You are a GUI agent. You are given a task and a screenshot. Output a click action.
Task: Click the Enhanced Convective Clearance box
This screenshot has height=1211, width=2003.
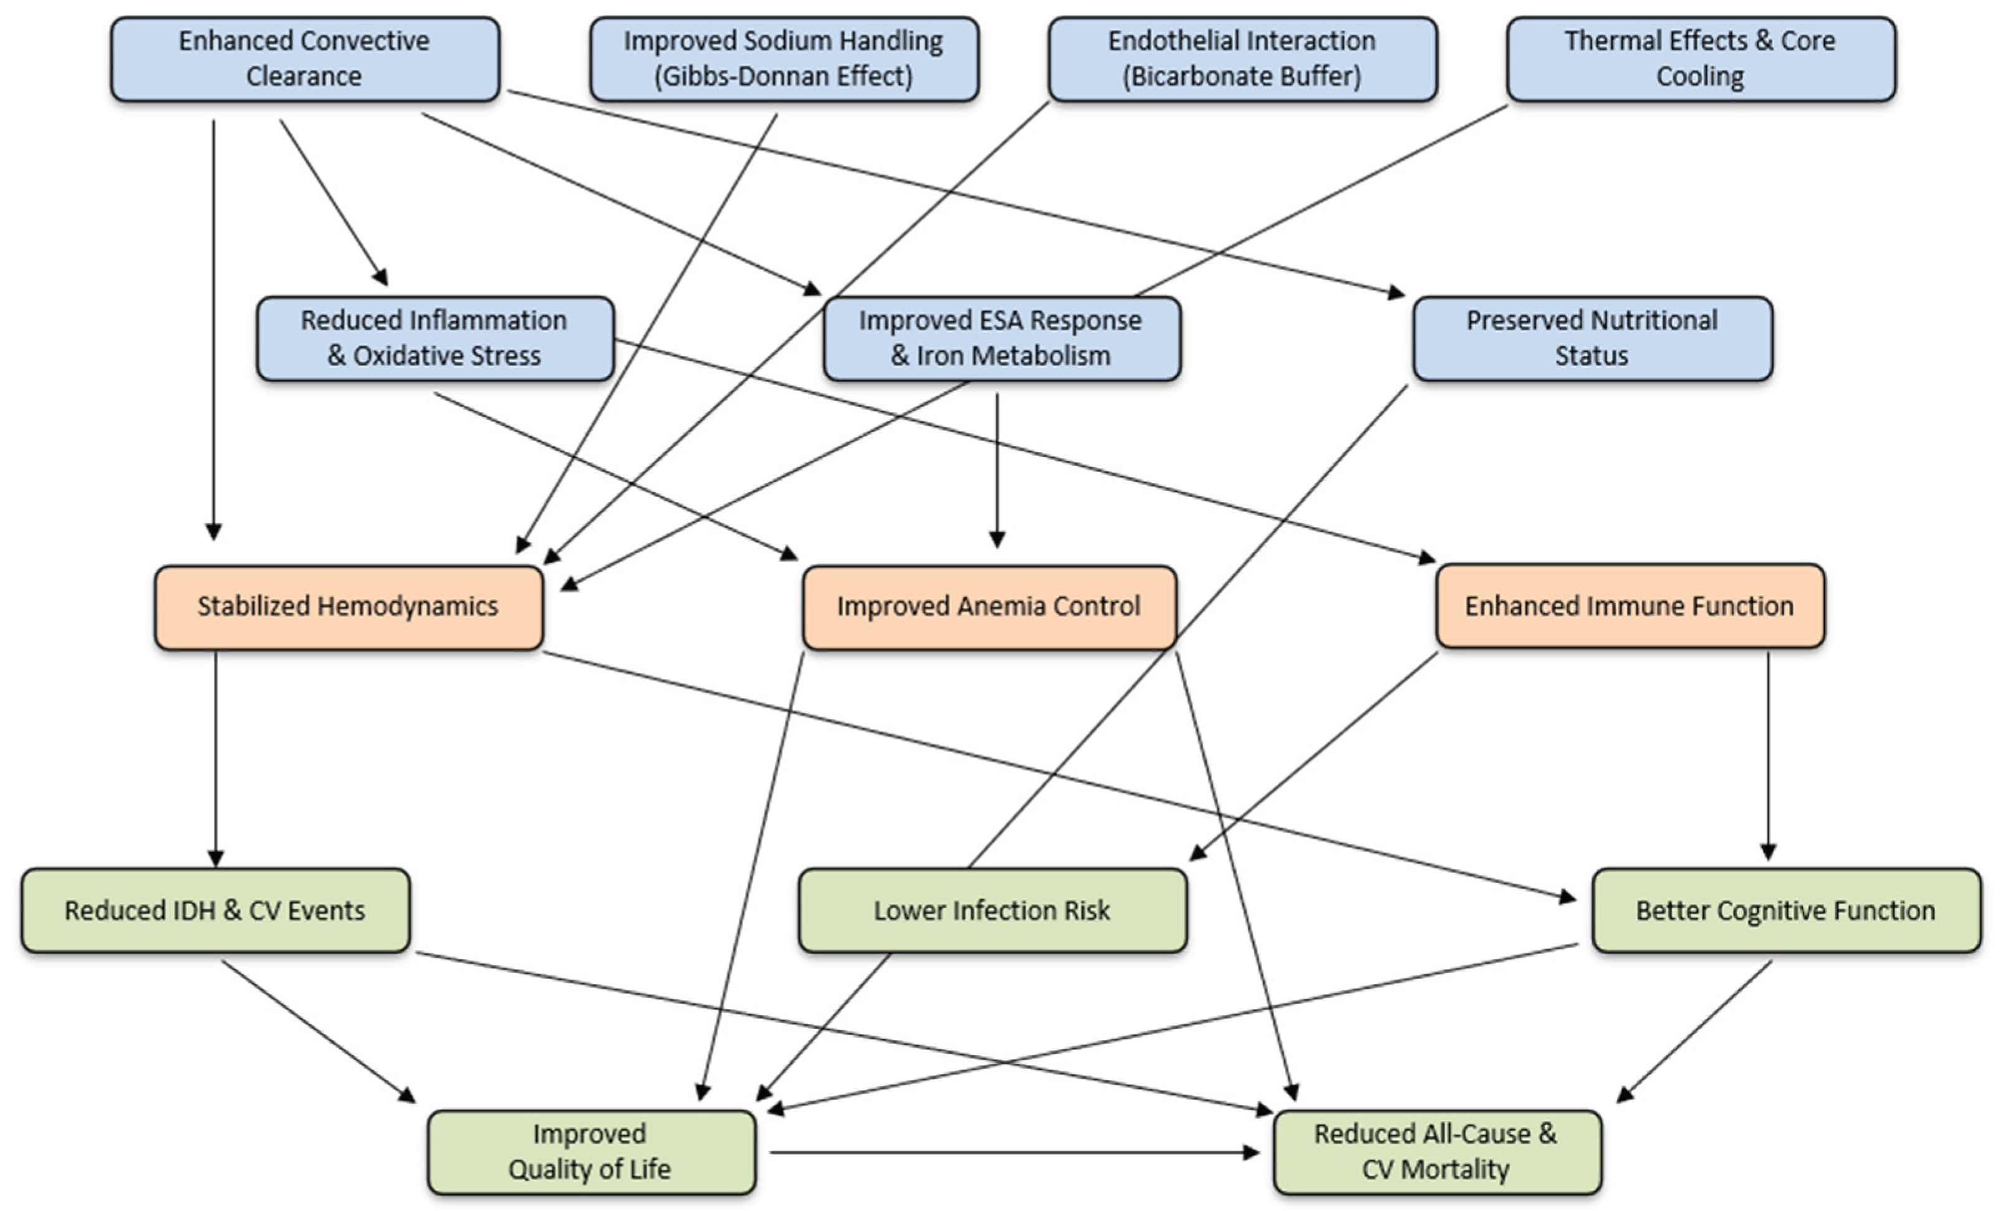coord(305,59)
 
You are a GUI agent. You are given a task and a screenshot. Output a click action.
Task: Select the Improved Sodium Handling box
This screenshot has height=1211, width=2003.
coord(784,59)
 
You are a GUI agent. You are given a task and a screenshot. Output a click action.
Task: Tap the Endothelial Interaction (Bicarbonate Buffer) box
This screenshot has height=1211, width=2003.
coord(1242,59)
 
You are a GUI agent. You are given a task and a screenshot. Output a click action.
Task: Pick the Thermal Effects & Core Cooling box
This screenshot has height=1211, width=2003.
coord(1701,59)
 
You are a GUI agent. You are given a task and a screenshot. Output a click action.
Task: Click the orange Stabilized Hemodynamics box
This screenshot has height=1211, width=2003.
coord(348,607)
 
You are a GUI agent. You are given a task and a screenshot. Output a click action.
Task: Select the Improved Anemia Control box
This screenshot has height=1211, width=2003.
coord(989,607)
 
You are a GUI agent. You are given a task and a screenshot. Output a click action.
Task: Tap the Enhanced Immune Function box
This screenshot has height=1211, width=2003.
coord(1629,607)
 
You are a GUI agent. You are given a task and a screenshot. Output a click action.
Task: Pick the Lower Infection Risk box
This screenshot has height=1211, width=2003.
coord(992,910)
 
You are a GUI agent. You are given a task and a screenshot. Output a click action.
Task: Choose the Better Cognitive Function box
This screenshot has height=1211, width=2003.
coord(1785,910)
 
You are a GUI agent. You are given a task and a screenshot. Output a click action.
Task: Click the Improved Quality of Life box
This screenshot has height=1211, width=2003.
coord(591,1152)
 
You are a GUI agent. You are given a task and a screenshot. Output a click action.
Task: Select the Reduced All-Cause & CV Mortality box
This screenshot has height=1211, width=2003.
coord(1436,1152)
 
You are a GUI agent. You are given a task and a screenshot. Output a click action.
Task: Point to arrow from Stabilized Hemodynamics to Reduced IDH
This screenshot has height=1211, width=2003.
coord(216,756)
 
